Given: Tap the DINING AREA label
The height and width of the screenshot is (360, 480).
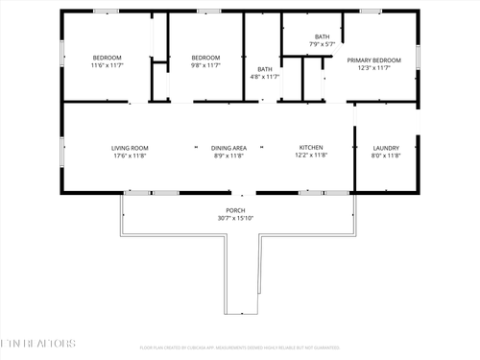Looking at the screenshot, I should (x=228, y=147).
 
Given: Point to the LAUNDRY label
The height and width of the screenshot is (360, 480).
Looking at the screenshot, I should (x=386, y=147).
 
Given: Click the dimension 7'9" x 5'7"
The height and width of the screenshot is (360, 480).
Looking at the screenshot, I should (x=322, y=44).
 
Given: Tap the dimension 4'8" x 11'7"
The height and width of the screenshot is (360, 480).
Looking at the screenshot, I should (x=264, y=77).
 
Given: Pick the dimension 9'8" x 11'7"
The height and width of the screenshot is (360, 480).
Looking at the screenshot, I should (x=205, y=65).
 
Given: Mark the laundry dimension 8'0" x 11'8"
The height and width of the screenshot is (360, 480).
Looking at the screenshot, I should (x=386, y=156).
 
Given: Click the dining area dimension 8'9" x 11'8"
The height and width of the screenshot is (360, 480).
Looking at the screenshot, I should (x=228, y=156).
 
